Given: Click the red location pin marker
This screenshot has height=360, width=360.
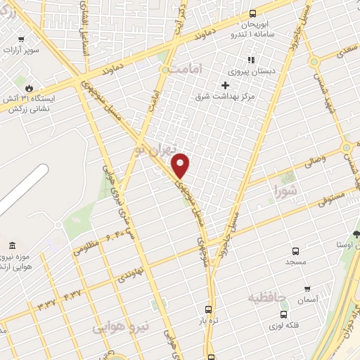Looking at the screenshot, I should coord(181,165).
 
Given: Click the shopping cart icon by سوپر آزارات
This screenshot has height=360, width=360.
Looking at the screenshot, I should coord(22,39).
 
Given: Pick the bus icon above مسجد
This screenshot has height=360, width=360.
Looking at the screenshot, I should coord(295,250).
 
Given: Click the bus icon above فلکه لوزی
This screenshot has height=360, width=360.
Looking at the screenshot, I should coord(283,315).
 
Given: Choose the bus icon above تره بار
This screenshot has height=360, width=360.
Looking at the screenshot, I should coord(207,309).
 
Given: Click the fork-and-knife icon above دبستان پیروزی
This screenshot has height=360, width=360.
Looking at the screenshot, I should coord(250,60).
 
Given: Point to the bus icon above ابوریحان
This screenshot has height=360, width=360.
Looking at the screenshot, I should coord(252,14).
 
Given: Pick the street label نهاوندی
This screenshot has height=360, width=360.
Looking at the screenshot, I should coord(131,271).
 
